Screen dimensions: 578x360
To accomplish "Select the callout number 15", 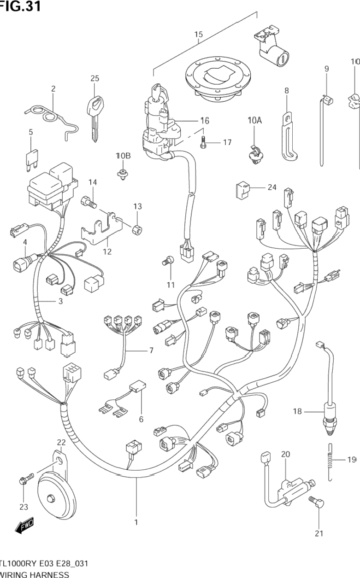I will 198,35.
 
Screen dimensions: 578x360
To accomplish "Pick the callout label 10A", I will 254,121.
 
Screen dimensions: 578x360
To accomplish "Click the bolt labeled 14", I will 89,201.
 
